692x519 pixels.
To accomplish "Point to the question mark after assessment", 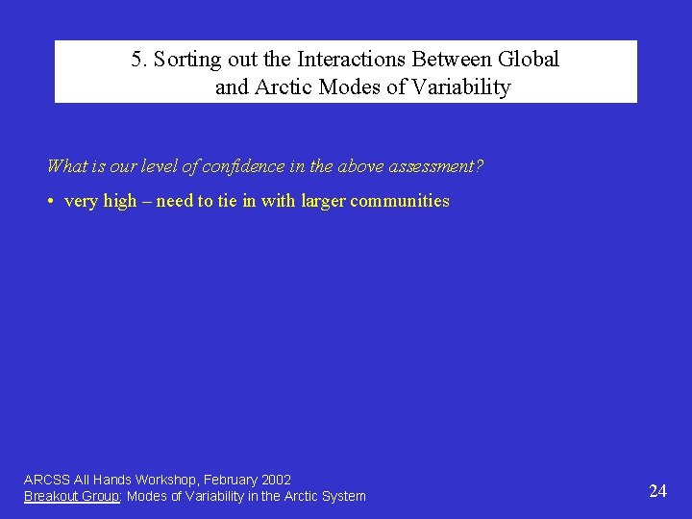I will (x=480, y=166).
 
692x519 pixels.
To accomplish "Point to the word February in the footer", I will (x=230, y=480).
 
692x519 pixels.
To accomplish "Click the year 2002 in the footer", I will (x=276, y=480).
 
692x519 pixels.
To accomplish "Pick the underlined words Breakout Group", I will (x=69, y=496).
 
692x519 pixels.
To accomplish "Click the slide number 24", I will (x=657, y=491).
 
